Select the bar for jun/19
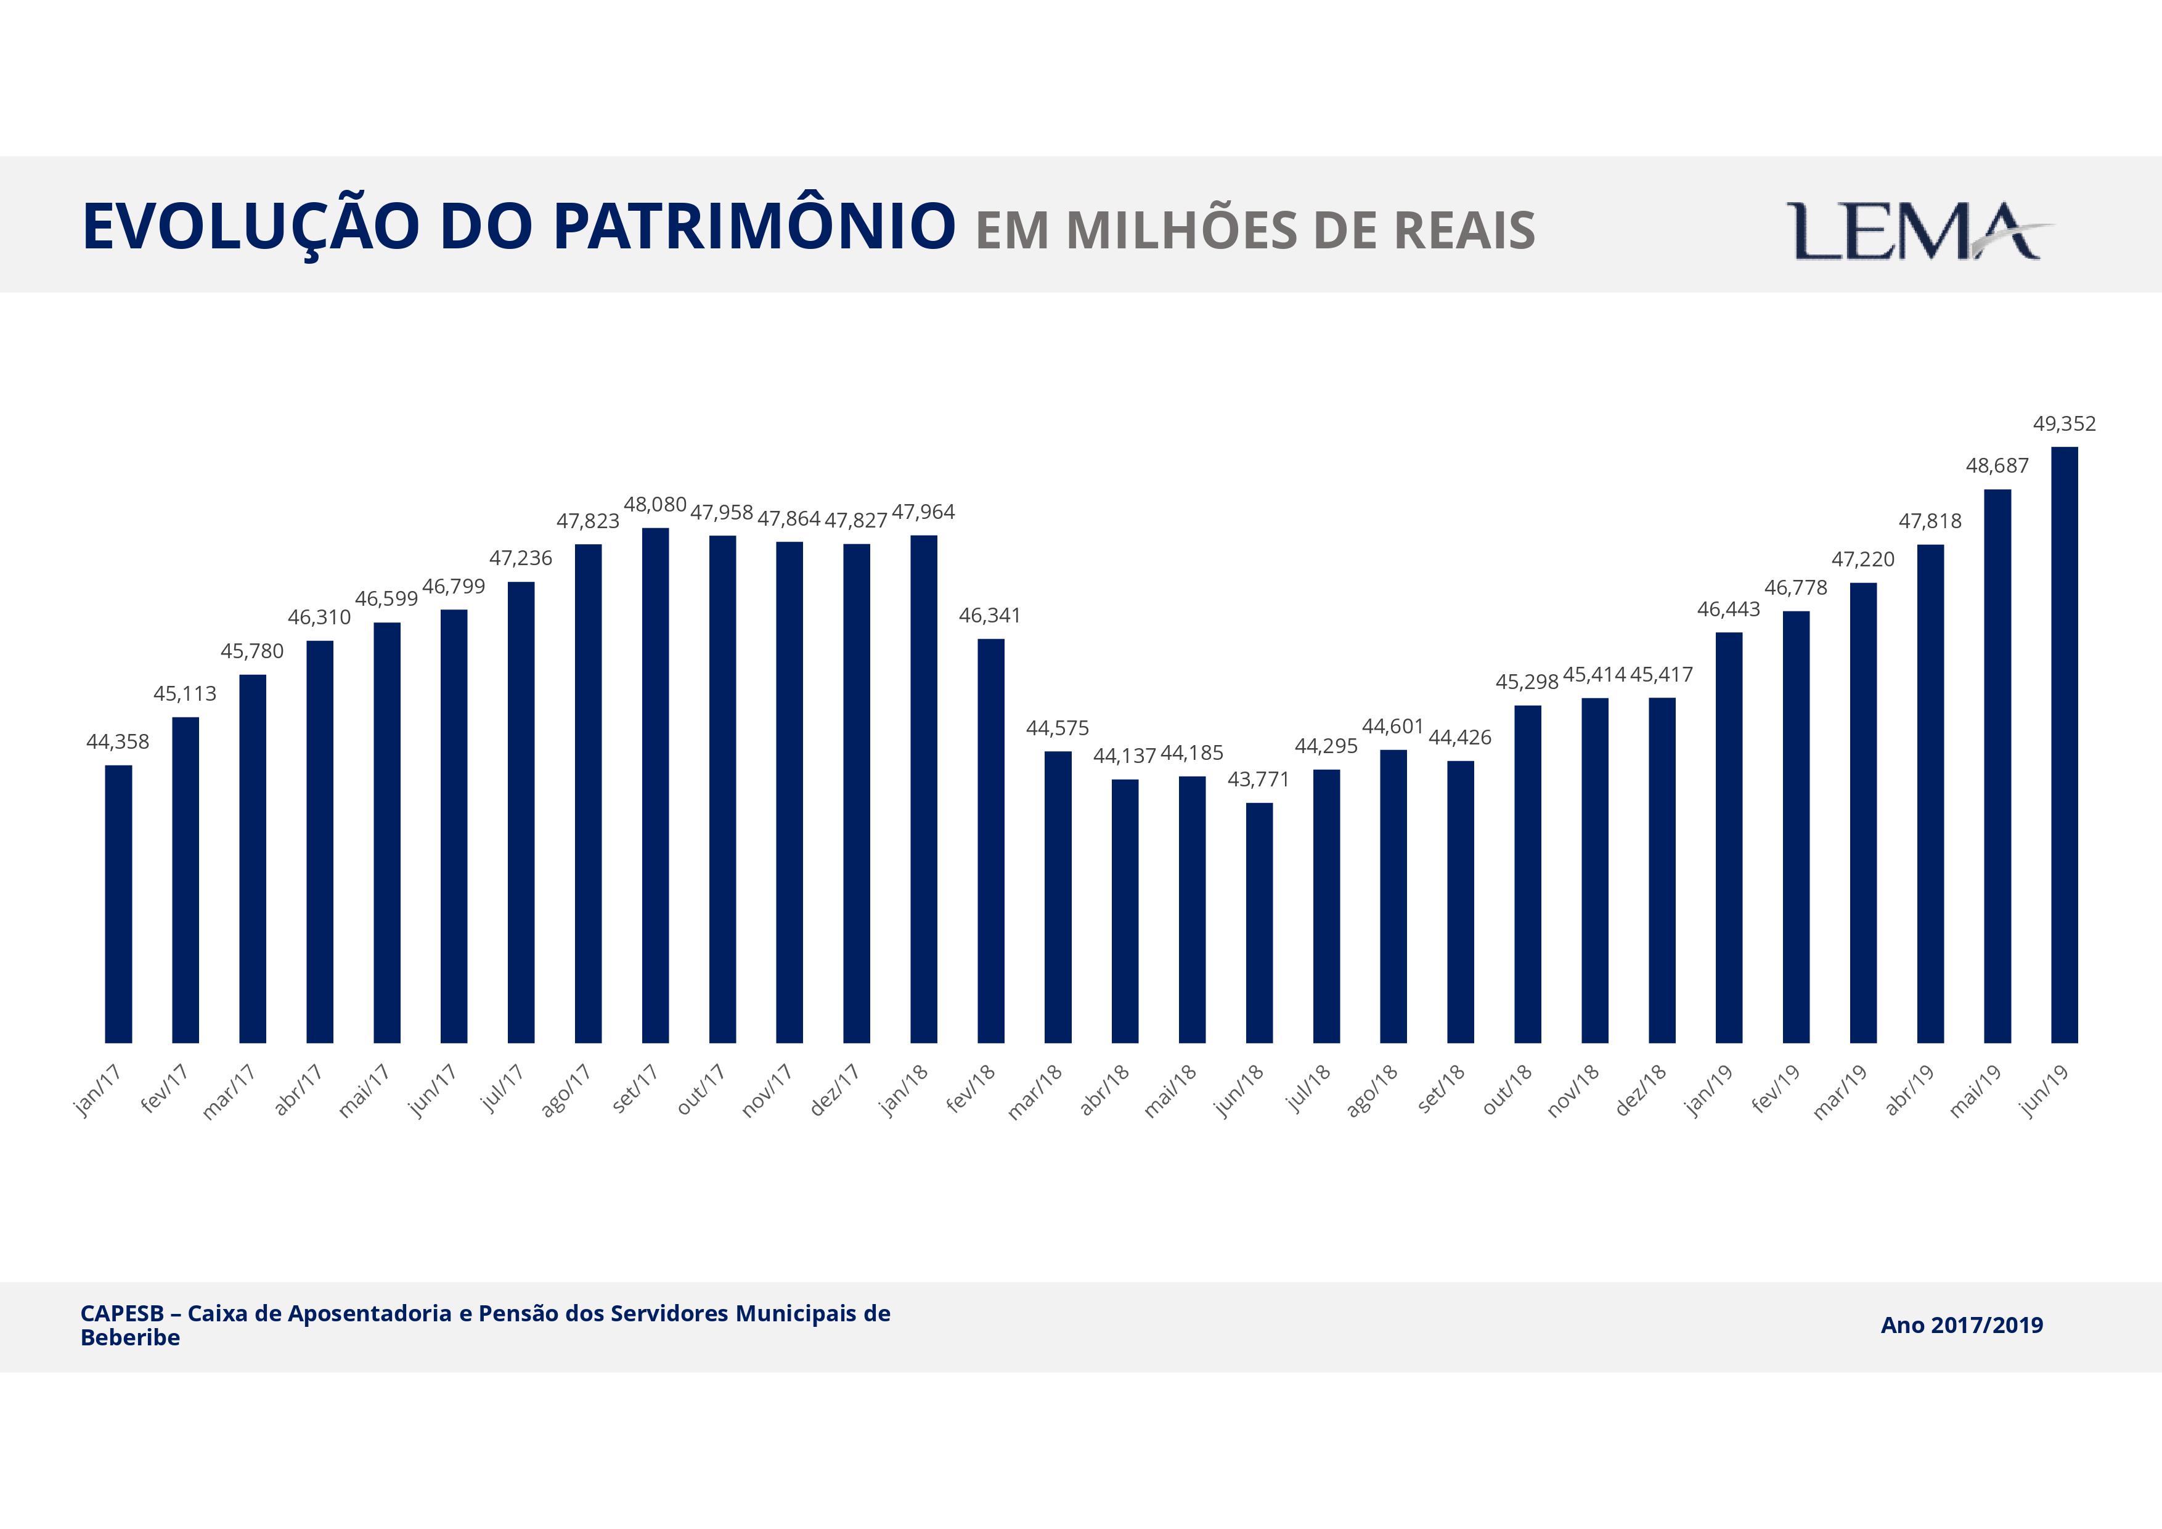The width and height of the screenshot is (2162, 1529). coord(2064,744)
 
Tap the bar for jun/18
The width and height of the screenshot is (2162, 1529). coord(1259,923)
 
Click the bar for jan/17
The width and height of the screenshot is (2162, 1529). coord(119,904)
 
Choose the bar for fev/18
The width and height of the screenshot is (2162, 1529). coord(990,841)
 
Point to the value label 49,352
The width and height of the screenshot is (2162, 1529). coord(2064,423)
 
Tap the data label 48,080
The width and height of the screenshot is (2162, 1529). coord(655,505)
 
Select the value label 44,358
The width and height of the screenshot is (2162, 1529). coord(118,742)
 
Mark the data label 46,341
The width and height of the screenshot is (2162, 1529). coord(990,616)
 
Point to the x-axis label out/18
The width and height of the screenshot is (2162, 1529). coord(1507,1090)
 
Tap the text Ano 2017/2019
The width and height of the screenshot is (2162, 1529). coord(1962,1326)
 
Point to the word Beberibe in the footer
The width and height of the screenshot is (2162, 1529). coord(130,1338)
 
